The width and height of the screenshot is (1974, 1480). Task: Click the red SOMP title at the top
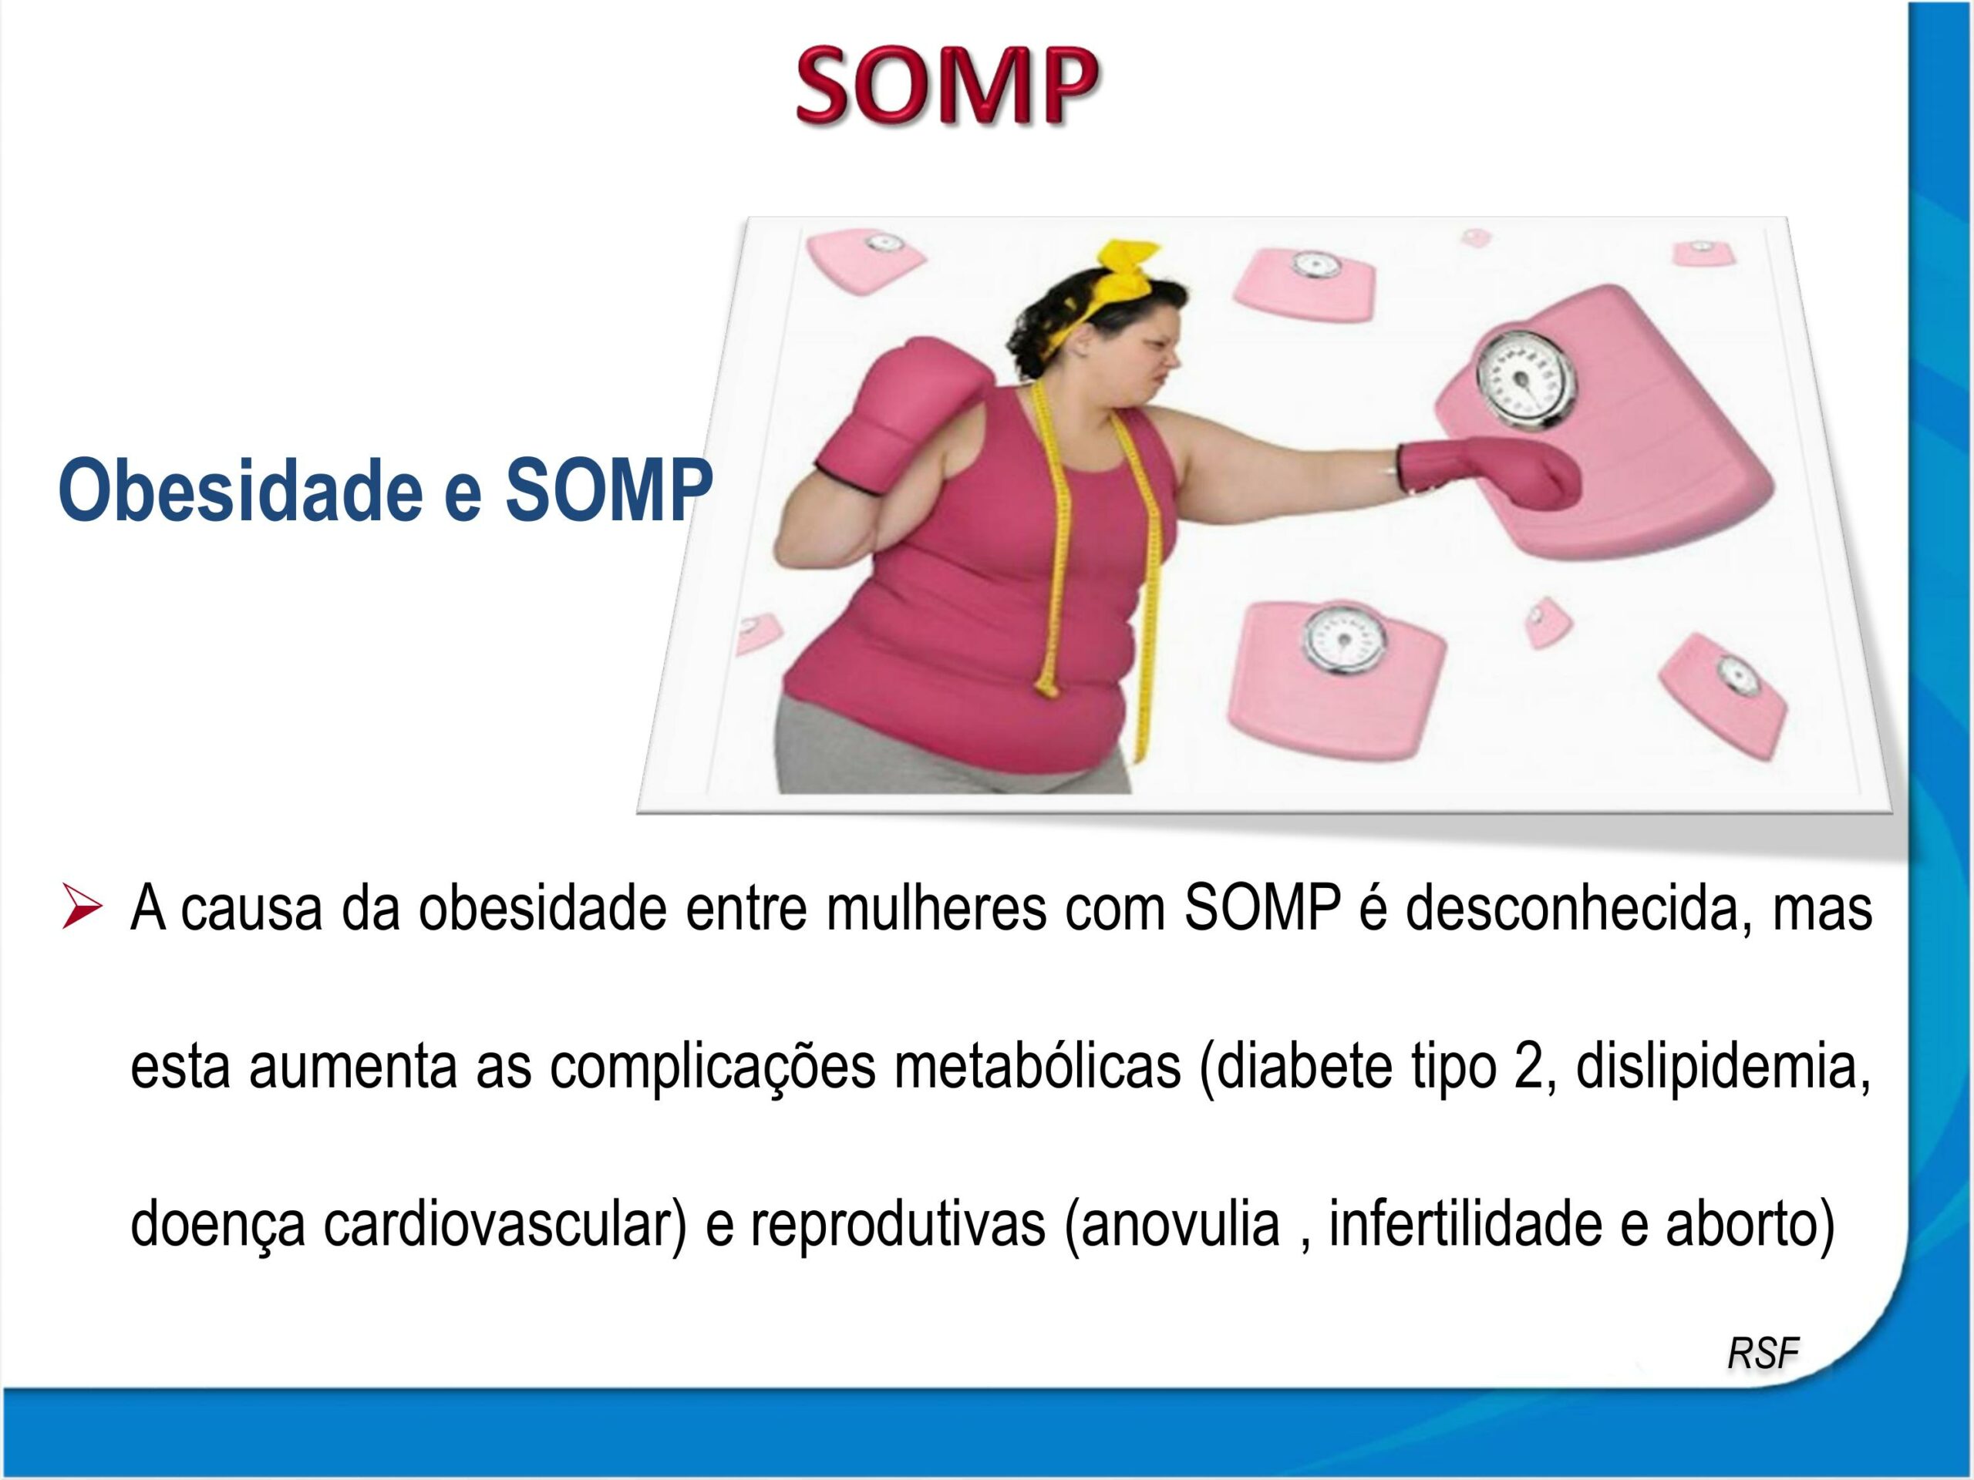[947, 86]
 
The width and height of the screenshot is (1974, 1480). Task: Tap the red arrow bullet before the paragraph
[82, 906]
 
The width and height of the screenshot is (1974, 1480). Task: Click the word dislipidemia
[1723, 1067]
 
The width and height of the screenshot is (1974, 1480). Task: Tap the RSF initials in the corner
[1763, 1354]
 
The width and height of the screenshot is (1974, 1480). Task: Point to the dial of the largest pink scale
[1525, 379]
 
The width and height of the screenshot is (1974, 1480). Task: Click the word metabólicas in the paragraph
[1038, 1067]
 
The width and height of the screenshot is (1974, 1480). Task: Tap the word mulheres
[936, 909]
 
